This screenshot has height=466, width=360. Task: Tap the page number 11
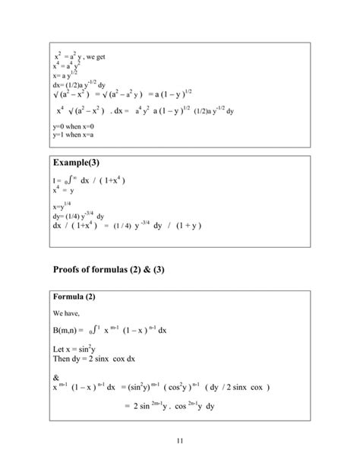[x=179, y=441]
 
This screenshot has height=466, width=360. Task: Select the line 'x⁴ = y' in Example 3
[x=62, y=191]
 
